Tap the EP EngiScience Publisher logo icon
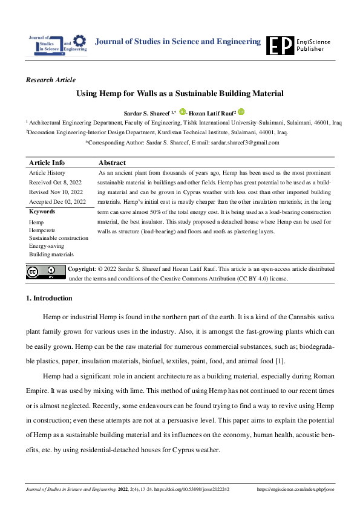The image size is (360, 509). (280, 45)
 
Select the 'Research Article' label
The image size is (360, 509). (51, 80)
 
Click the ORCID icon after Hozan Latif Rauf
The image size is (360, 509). (241, 112)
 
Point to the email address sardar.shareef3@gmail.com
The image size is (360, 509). (244, 143)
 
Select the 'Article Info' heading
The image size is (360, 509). (47, 163)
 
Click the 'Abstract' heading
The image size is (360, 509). (112, 163)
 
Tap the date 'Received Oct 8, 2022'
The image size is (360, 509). (55, 182)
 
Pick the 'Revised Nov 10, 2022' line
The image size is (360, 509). (56, 192)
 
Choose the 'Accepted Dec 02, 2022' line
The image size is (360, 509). (57, 201)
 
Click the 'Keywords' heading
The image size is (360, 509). (42, 212)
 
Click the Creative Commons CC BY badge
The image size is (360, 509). (45, 273)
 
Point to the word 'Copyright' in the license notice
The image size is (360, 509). (82, 268)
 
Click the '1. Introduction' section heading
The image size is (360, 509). (50, 299)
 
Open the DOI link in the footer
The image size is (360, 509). (195, 489)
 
